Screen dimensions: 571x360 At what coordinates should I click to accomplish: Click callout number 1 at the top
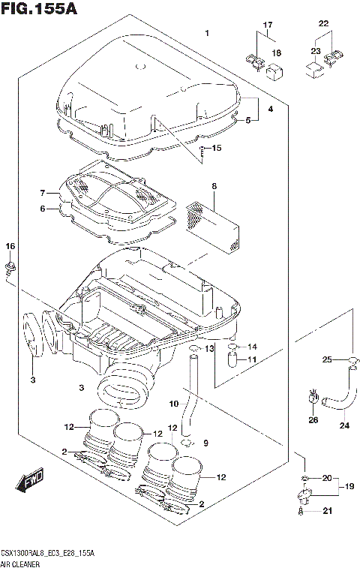coord(207,33)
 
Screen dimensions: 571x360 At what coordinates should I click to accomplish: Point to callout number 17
coord(266,26)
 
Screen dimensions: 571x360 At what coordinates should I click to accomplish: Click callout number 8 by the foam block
coord(213,185)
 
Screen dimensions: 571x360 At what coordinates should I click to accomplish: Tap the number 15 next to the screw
coord(217,148)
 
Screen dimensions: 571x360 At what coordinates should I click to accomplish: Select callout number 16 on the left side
coord(10,248)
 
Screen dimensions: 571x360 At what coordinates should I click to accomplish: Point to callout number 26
coord(313,419)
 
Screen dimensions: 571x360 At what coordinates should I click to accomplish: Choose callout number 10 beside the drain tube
coord(173,404)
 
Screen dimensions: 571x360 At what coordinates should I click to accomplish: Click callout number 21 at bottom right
coord(325,512)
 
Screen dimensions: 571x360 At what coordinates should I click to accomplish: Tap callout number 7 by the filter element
coord(43,193)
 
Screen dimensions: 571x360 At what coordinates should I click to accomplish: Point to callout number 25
coord(327,361)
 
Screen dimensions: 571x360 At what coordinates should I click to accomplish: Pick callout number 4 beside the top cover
coord(271,110)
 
